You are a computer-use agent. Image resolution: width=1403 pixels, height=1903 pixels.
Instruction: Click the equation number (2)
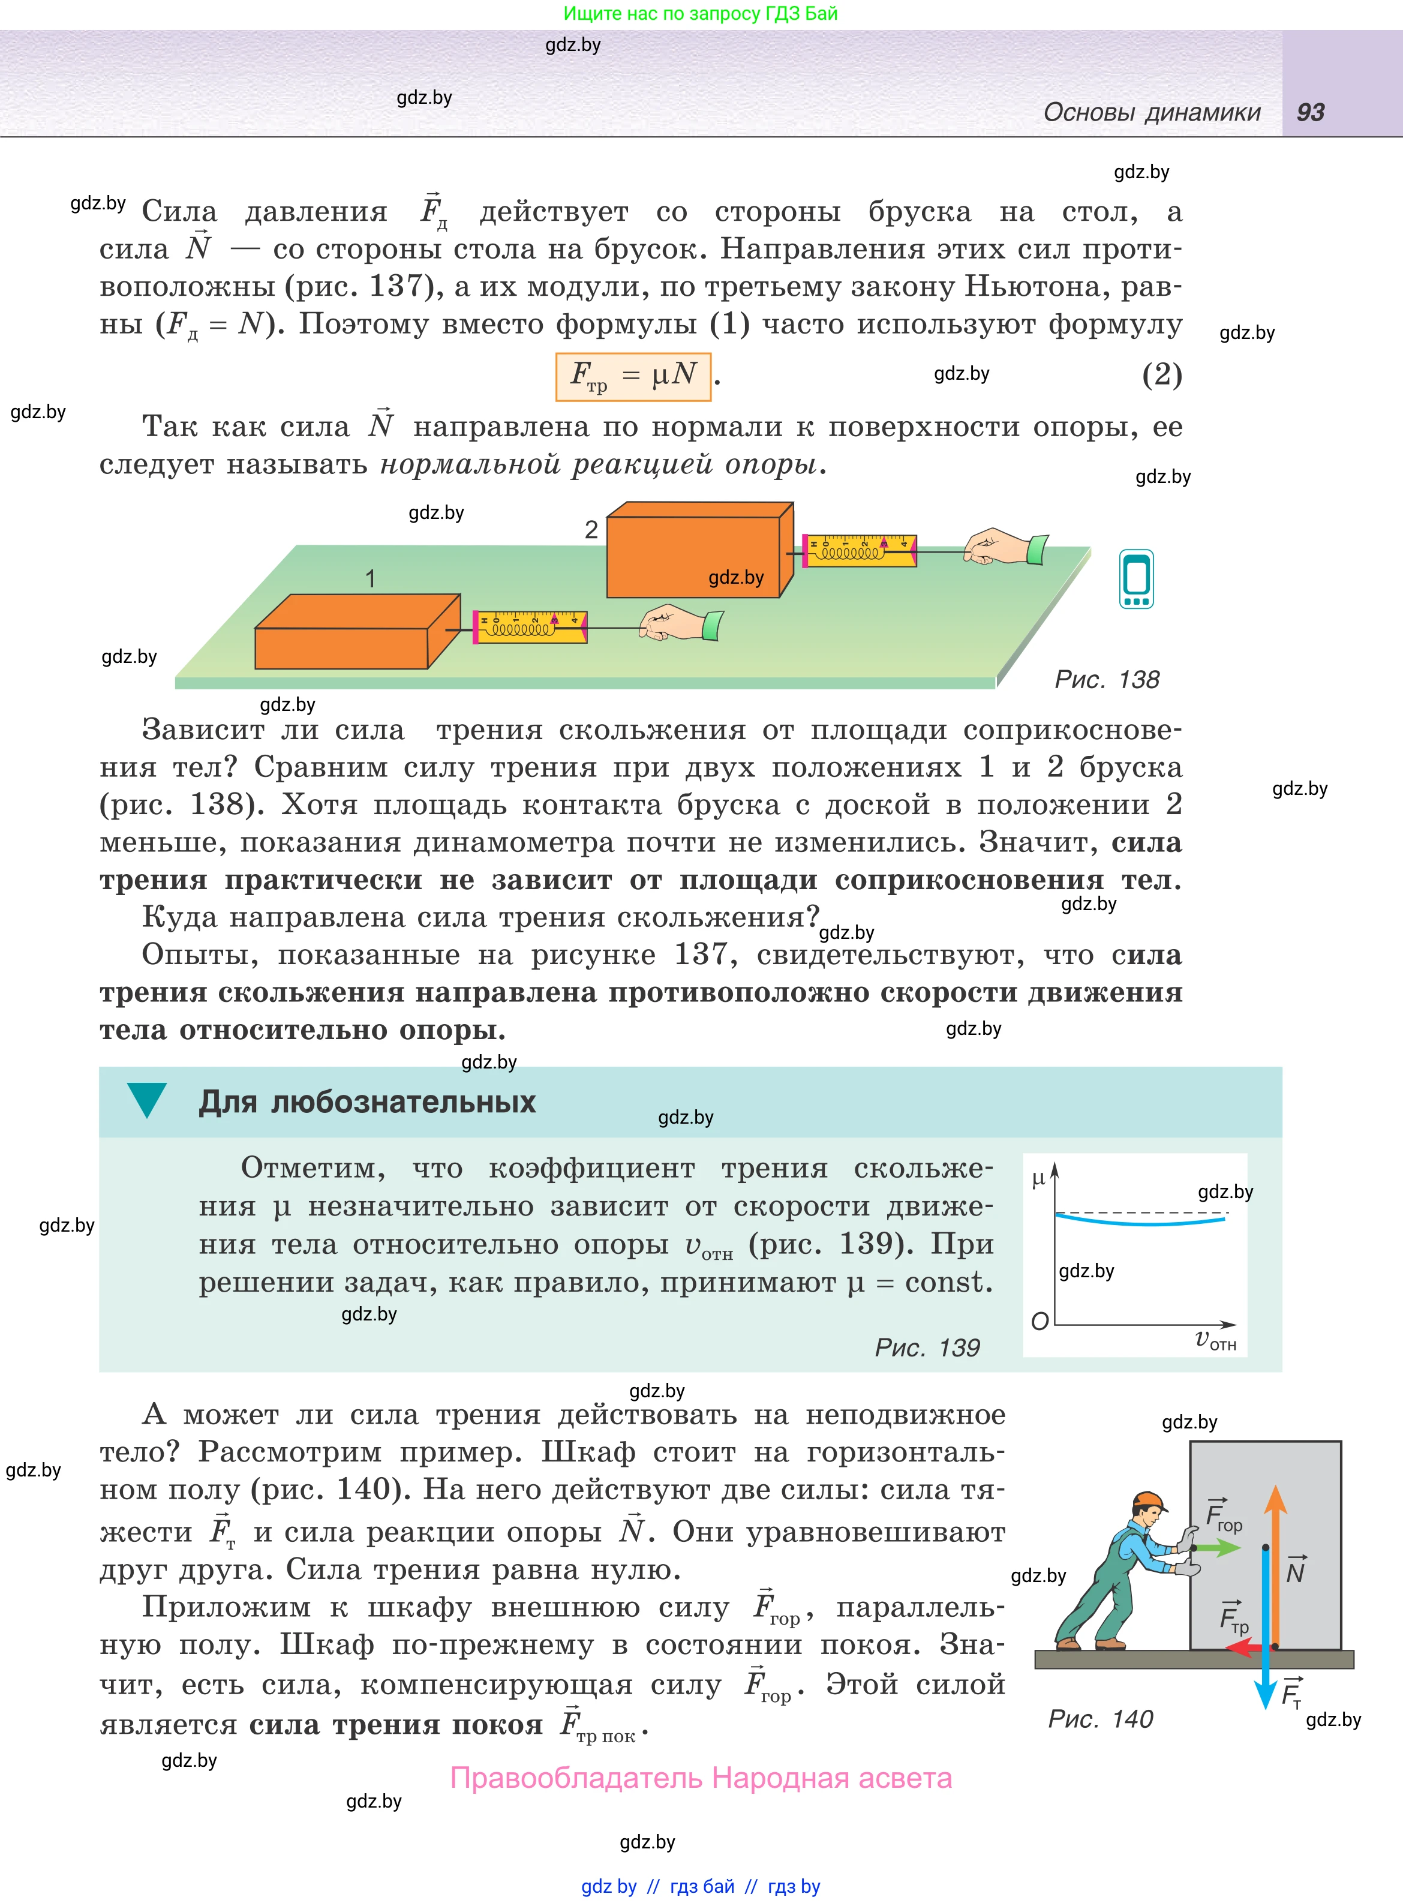tap(1161, 374)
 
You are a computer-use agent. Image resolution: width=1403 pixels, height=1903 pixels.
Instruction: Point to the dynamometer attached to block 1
tap(529, 627)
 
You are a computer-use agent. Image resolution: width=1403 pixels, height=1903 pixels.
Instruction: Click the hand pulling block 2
tap(1002, 546)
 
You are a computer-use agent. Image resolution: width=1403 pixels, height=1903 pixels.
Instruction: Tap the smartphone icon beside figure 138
tap(1136, 579)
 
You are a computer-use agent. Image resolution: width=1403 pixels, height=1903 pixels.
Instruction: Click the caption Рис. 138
tap(1105, 679)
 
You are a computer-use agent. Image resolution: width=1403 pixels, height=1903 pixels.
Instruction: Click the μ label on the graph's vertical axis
tap(1038, 1179)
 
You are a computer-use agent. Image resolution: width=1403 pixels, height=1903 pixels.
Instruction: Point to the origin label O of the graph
tap(1040, 1321)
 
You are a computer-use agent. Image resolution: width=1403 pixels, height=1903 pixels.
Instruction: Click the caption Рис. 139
tap(927, 1347)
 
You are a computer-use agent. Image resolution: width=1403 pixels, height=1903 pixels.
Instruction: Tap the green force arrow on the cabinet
tap(1219, 1547)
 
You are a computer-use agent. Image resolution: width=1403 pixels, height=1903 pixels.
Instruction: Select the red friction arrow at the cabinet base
tap(1248, 1648)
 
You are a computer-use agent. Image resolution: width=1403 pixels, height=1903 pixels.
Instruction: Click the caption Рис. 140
tap(1100, 1719)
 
